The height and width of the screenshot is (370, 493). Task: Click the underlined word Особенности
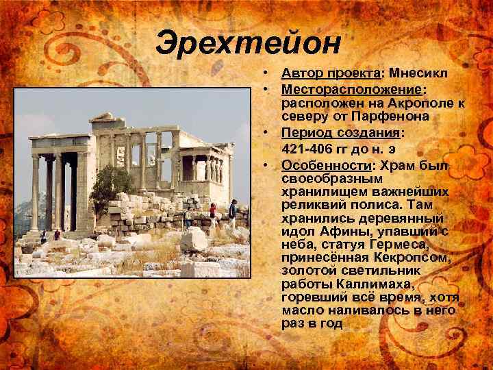[x=325, y=165]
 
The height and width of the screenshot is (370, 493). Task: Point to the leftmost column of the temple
[x=34, y=192]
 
